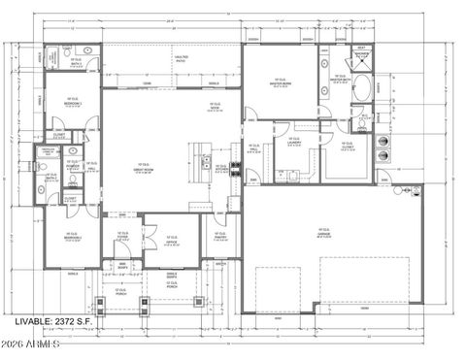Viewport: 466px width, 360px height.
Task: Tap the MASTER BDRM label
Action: click(x=280, y=82)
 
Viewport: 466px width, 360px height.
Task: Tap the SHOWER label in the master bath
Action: click(x=361, y=56)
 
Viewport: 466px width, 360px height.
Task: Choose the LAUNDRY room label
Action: click(x=292, y=145)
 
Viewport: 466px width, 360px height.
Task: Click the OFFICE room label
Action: click(x=171, y=242)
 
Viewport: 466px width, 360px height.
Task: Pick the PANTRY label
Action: click(x=218, y=237)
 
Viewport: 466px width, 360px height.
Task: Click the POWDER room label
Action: click(x=72, y=167)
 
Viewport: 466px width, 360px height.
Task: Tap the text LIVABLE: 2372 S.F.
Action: click(x=55, y=320)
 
